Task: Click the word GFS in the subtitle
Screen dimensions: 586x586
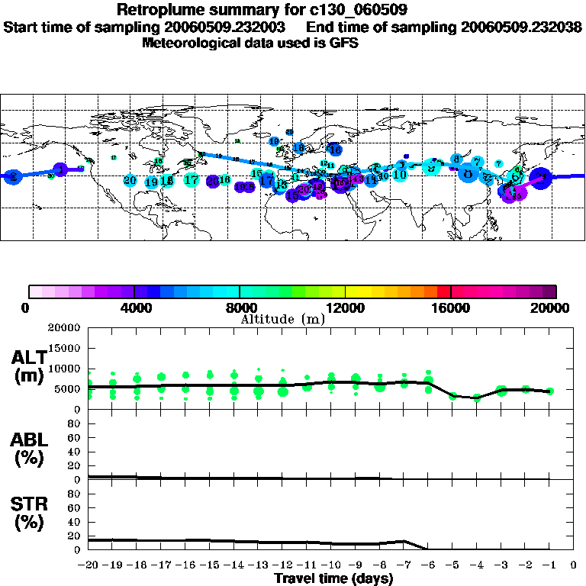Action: (345, 43)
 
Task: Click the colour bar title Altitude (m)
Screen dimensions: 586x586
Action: (282, 319)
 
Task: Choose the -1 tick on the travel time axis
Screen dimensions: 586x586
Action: (549, 565)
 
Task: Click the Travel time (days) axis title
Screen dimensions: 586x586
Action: (333, 579)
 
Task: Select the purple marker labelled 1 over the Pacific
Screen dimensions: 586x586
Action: (60, 169)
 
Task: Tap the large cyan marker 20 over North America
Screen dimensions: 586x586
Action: (130, 181)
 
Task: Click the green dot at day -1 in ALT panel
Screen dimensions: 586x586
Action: (549, 391)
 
